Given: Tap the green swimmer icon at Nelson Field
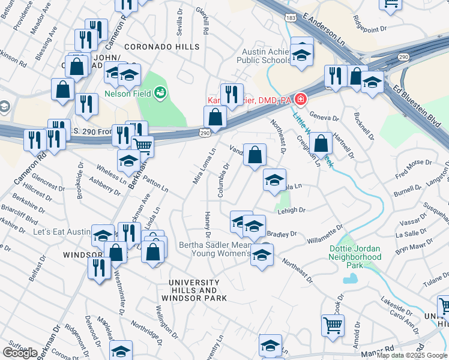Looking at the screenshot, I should point(160,92).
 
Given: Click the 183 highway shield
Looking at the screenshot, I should point(291,19).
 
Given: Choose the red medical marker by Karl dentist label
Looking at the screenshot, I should point(299,99).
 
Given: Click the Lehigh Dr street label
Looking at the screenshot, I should point(292,210).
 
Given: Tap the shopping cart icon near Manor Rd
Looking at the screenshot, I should point(333,325).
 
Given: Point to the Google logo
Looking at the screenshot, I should point(20,352).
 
